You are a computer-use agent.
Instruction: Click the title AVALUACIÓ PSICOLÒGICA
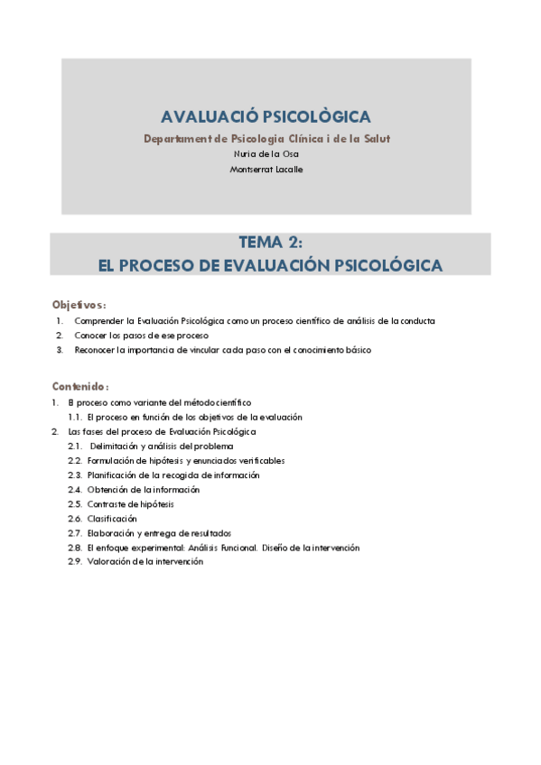(x=266, y=117)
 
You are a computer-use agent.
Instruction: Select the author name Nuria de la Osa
(x=266, y=153)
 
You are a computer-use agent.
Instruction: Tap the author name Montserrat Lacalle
(x=266, y=169)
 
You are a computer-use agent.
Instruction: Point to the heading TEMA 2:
(x=270, y=243)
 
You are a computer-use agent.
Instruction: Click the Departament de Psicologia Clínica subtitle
(x=266, y=138)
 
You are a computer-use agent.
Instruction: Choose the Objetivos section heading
(x=79, y=305)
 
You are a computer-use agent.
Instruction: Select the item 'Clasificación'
(x=113, y=519)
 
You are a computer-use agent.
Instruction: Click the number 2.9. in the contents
(x=75, y=562)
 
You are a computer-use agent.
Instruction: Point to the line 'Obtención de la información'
(x=144, y=490)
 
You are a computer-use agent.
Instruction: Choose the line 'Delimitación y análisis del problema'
(x=163, y=447)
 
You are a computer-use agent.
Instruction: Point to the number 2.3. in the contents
(x=75, y=475)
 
